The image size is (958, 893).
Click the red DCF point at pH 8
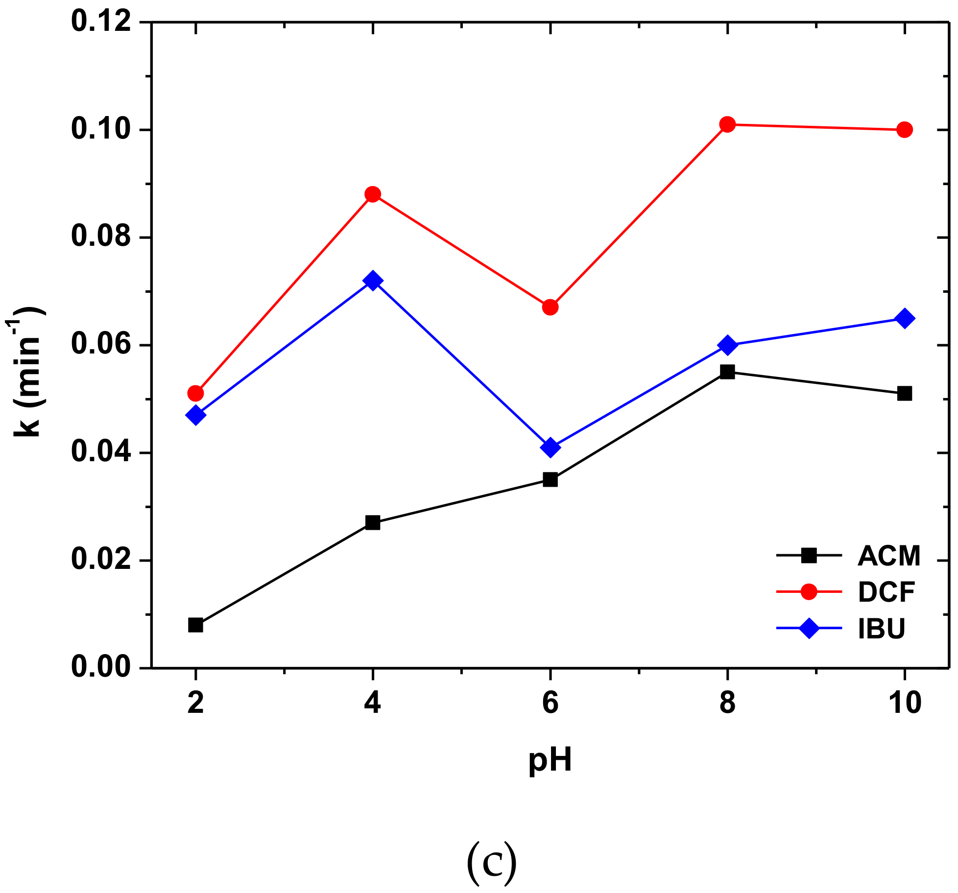click(727, 124)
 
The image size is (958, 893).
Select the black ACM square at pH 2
click(195, 625)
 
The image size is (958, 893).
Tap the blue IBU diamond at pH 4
click(373, 281)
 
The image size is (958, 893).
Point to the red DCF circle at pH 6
click(550, 307)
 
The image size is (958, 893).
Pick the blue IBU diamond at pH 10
click(904, 319)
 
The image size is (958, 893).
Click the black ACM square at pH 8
click(727, 372)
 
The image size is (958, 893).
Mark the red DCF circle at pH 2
click(195, 393)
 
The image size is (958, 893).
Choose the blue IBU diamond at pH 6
click(550, 447)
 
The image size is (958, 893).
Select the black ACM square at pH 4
click(373, 523)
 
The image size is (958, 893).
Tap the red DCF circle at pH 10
click(904, 130)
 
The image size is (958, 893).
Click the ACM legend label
click(889, 556)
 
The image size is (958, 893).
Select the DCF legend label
click(886, 592)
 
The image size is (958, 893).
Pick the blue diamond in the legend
click(809, 628)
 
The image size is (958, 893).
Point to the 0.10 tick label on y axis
click(102, 130)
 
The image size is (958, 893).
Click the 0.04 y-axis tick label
click(102, 453)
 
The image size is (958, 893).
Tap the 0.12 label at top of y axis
click(102, 22)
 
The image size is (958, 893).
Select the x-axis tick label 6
click(550, 703)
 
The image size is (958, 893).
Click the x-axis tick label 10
click(904, 703)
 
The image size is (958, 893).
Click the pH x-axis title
click(550, 760)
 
